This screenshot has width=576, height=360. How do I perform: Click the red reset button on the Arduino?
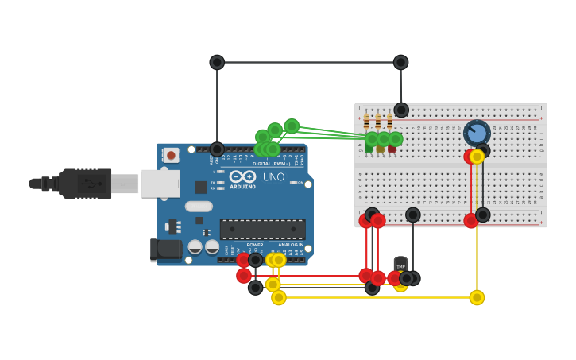coord(171,156)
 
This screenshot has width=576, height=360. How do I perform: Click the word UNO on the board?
coord(273,176)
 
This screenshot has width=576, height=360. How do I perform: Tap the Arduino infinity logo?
coord(242,176)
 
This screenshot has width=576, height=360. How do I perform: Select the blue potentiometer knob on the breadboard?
coord(477,132)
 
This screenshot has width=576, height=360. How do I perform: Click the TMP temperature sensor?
coord(400,265)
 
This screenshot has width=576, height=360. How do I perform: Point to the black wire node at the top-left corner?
coord(217,62)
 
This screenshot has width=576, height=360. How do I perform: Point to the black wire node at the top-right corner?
coord(401,62)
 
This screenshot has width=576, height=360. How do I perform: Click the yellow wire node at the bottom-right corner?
coord(477,297)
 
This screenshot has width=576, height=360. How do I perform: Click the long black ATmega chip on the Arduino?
coord(262,230)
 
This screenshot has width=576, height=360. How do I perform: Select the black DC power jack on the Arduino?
coord(167,250)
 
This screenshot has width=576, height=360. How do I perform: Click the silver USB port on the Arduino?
coord(160,184)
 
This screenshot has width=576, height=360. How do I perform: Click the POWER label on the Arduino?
coord(254,245)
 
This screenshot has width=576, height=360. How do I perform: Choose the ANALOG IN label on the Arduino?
coord(289,245)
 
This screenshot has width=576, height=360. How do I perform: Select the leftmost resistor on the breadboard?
coord(366,122)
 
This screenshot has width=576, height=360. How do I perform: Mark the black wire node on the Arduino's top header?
coord(217,149)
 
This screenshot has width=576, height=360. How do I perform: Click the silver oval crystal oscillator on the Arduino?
coord(199,207)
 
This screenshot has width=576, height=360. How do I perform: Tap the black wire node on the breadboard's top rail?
coord(401,110)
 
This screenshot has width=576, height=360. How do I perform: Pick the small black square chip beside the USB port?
coord(201,188)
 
